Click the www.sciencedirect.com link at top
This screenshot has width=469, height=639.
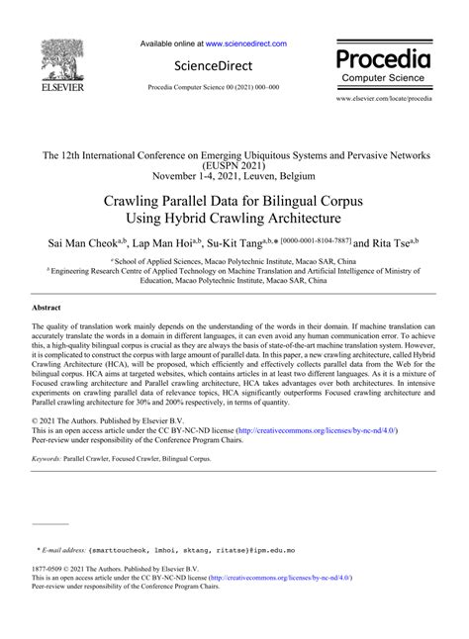[246, 44]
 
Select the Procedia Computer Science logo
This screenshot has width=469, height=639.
[384, 62]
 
